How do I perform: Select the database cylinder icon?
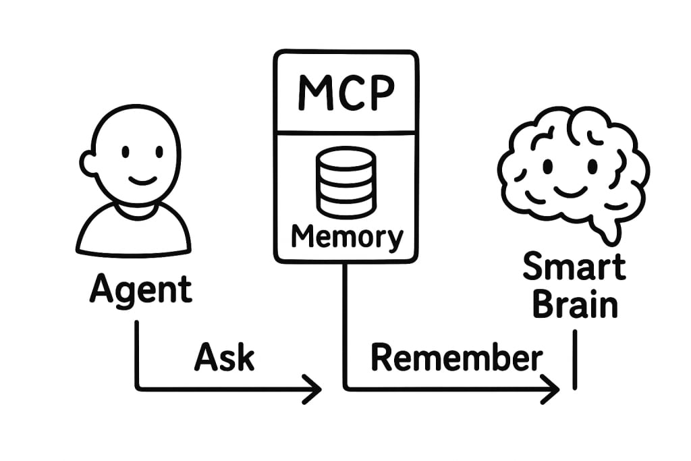346,182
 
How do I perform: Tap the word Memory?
348,237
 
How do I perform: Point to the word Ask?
224,357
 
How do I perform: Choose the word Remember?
457,358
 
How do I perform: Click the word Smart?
574,266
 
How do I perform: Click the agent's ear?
88,163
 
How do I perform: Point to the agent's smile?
142,180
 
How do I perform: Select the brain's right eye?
593,167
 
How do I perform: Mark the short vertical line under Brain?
575,360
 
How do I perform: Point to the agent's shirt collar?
138,211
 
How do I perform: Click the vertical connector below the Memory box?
345,326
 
